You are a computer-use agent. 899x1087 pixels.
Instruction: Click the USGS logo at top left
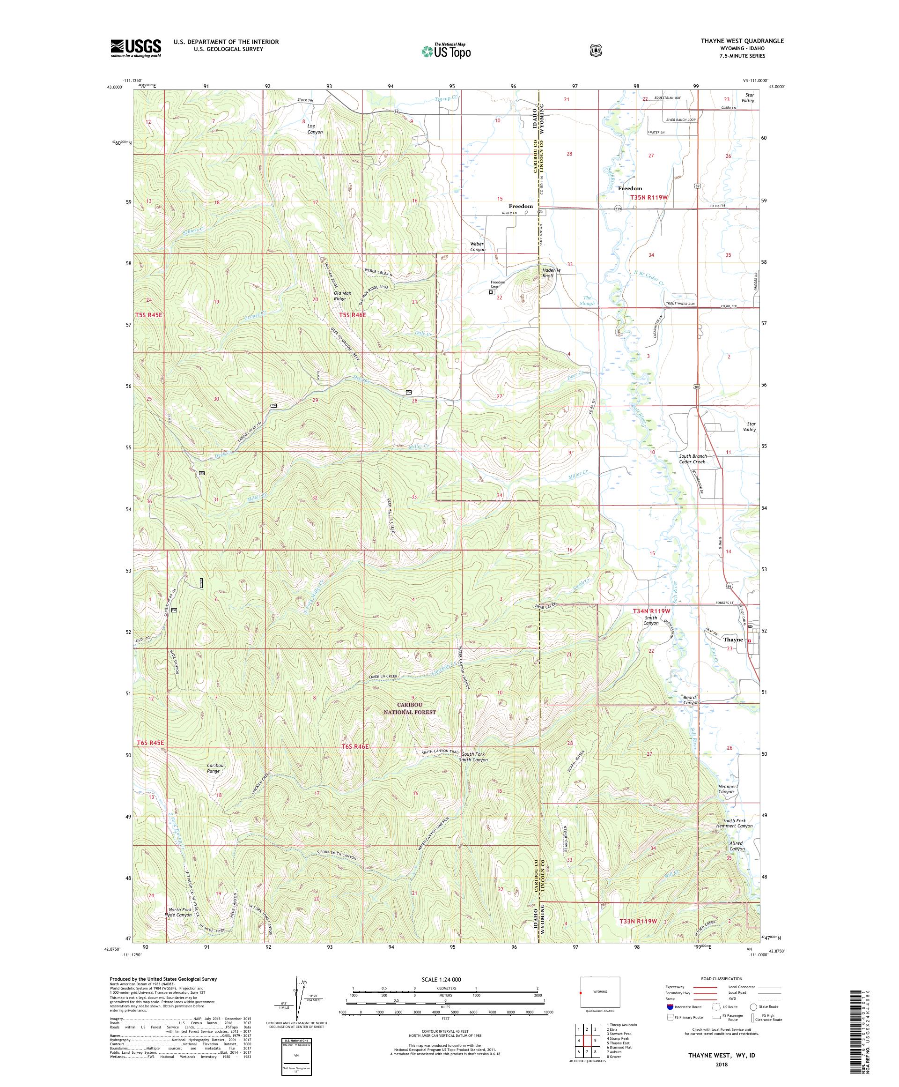click(135, 49)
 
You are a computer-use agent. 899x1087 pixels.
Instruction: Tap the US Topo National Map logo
click(446, 51)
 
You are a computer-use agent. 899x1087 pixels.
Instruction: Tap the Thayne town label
click(733, 640)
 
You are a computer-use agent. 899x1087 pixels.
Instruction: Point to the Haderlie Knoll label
click(548, 273)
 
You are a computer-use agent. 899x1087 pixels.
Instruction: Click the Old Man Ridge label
click(339, 296)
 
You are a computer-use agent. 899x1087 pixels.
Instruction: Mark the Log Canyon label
click(315, 129)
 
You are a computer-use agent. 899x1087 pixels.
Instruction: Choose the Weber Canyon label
click(478, 246)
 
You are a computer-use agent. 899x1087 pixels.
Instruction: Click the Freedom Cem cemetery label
click(498, 284)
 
